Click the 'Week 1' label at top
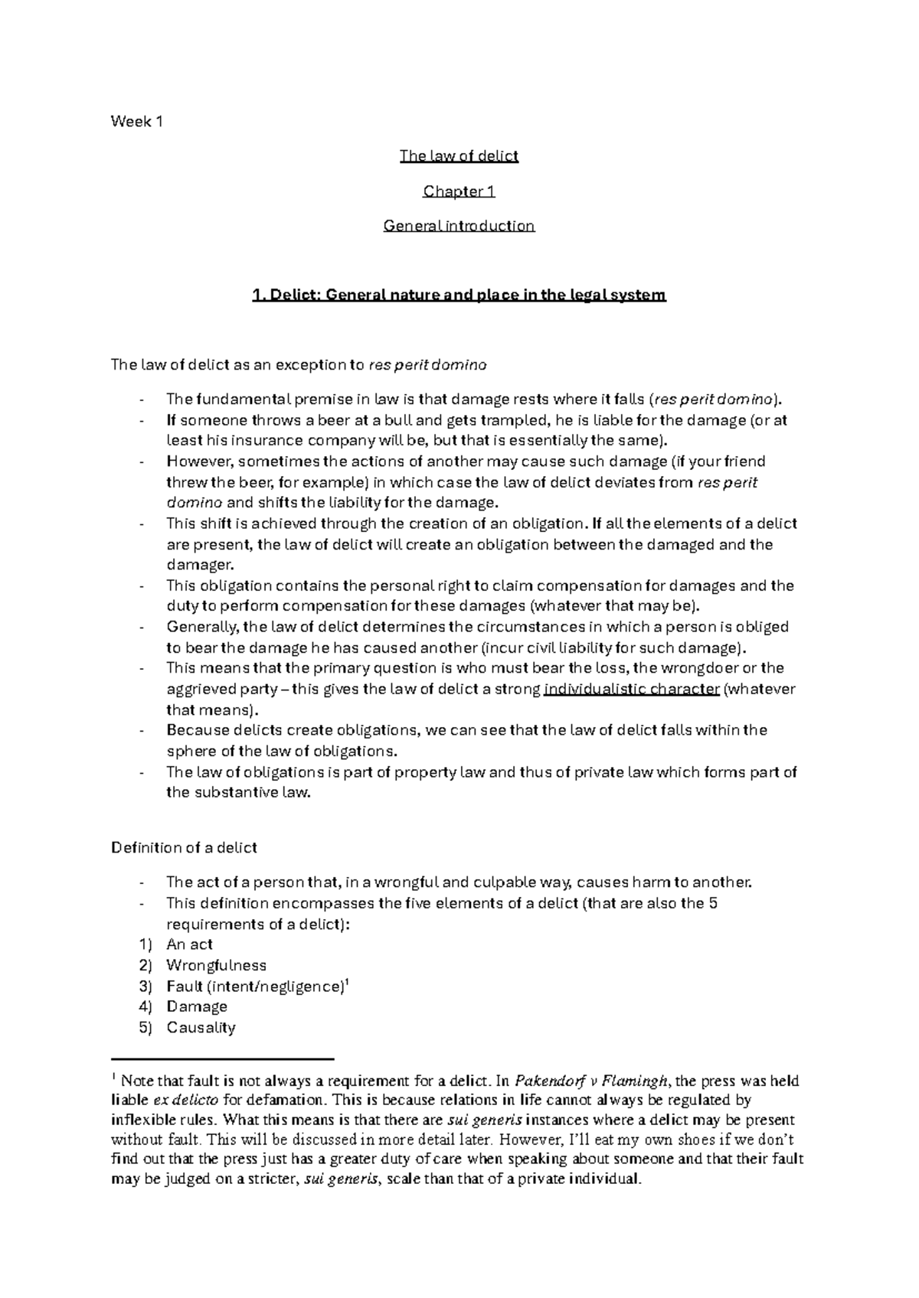pyautogui.click(x=137, y=121)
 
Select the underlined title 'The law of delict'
pyautogui.click(x=459, y=156)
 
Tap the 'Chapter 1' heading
pyautogui.click(x=459, y=191)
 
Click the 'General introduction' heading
pyautogui.click(x=459, y=226)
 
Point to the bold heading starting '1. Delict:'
pyautogui.click(x=459, y=295)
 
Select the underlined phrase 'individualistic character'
pyautogui.click(x=632, y=689)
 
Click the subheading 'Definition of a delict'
pyautogui.click(x=184, y=847)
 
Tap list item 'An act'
pyautogui.click(x=189, y=944)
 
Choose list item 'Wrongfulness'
pyautogui.click(x=216, y=965)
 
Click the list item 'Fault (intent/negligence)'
pyautogui.click(x=253, y=987)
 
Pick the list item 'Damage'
pyautogui.click(x=197, y=1006)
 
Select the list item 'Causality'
pyautogui.click(x=201, y=1028)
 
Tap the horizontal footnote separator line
pyautogui.click(x=223, y=1059)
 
